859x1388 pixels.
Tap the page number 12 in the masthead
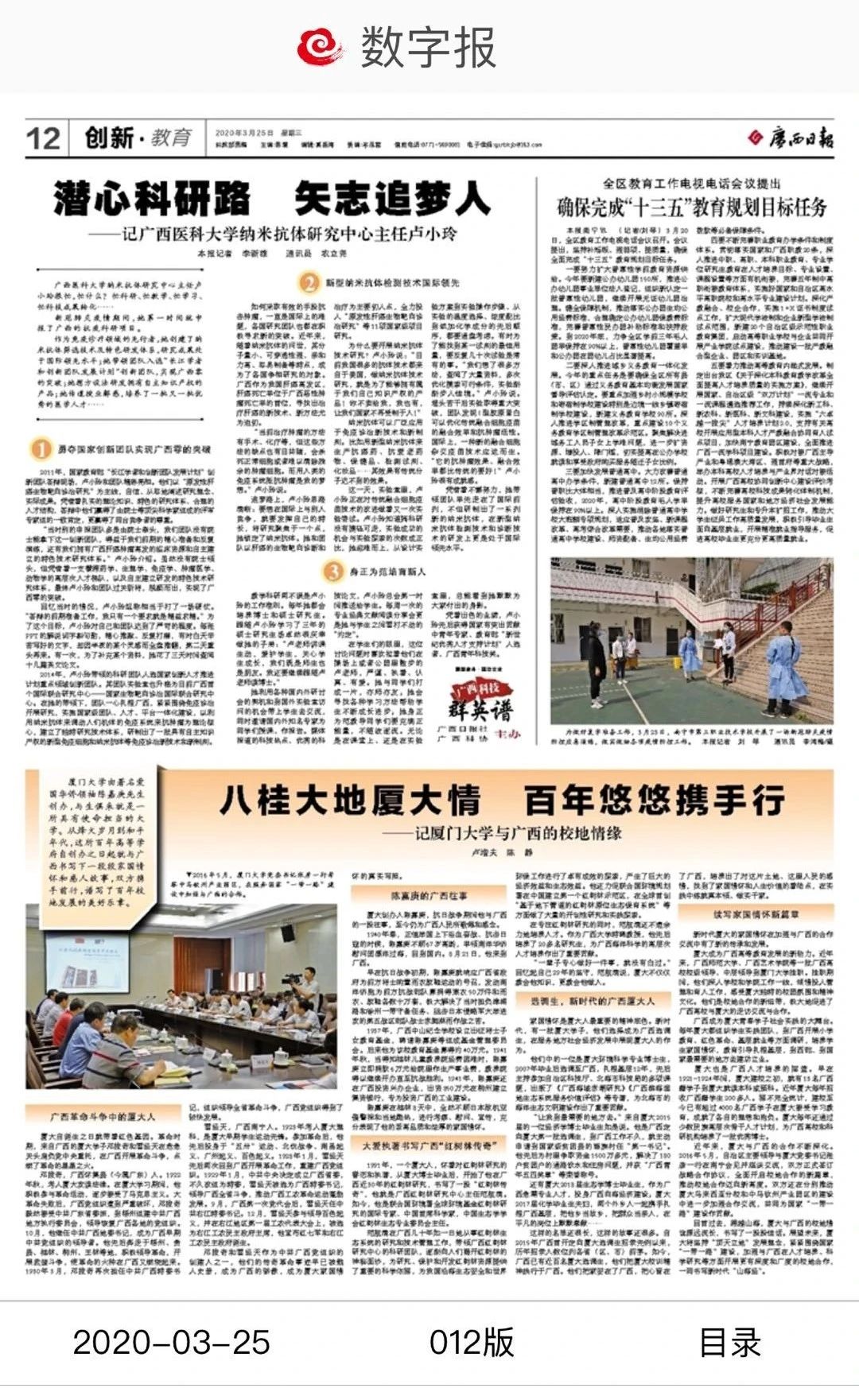tap(43, 138)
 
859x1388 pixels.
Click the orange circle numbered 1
tap(41, 449)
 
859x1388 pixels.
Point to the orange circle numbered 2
tap(309, 282)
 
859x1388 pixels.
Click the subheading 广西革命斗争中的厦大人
tap(103, 1116)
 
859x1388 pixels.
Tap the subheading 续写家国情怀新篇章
tap(756, 914)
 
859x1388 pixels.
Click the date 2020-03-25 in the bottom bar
tap(172, 1343)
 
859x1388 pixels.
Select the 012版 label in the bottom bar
tap(472, 1343)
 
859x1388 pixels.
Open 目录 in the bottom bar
tap(729, 1343)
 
